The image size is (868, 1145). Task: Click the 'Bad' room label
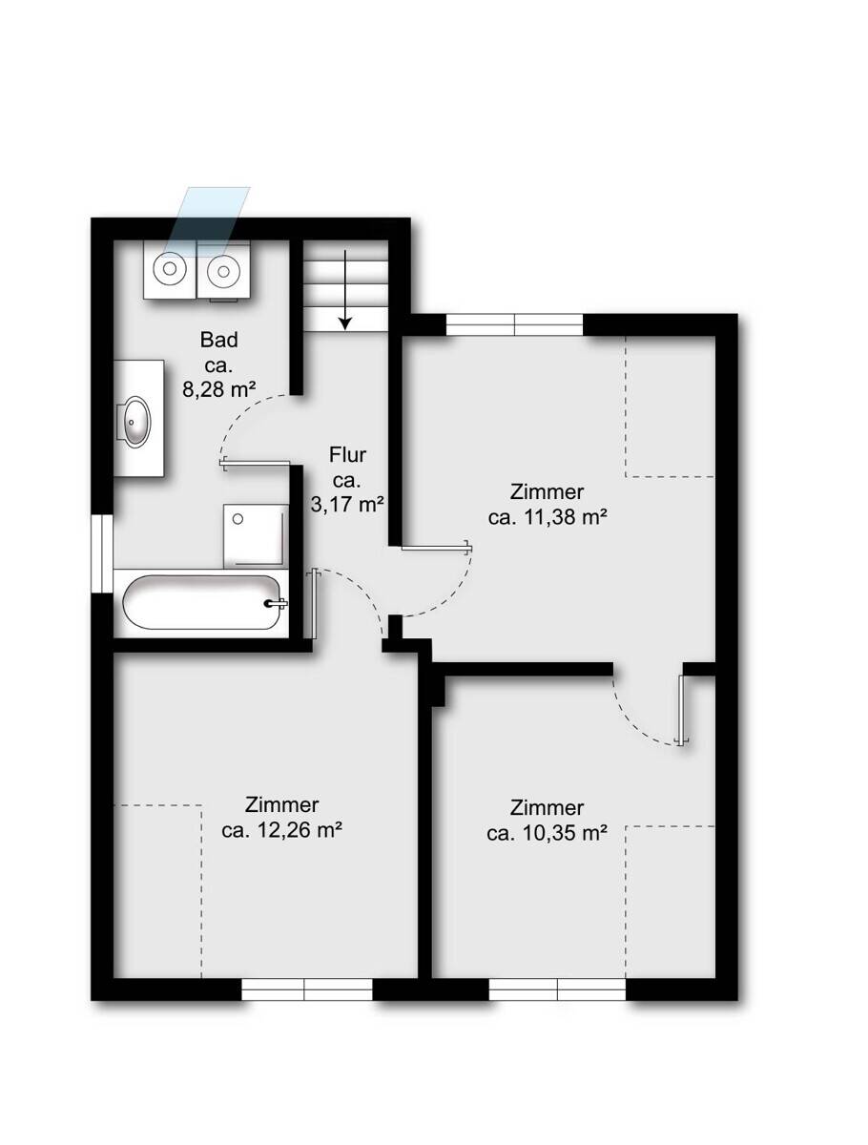[219, 340]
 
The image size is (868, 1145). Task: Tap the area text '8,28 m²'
[218, 389]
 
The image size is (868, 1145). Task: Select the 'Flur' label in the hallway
[347, 455]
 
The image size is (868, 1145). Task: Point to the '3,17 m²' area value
[347, 505]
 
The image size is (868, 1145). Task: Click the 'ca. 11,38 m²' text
[548, 517]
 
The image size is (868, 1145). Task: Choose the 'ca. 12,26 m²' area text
[281, 830]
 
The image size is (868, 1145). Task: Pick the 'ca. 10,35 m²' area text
[547, 833]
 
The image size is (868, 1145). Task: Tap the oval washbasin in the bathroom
[135, 420]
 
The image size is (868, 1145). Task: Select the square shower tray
[256, 535]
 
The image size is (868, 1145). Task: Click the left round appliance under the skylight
[170, 269]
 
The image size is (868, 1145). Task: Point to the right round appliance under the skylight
[223, 270]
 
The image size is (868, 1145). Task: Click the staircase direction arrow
[344, 290]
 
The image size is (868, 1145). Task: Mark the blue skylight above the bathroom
[207, 221]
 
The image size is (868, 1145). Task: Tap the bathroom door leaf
[255, 463]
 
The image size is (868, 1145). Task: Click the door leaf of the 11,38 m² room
[437, 547]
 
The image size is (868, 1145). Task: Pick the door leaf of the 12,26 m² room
[313, 604]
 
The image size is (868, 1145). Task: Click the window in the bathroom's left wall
[102, 554]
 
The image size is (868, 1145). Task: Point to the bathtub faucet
[276, 604]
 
